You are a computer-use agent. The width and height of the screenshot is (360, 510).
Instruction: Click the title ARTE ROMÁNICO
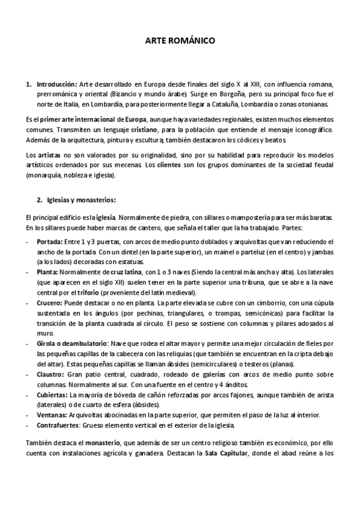click(x=180, y=41)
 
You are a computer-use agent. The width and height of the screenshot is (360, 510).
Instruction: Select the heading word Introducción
click(x=57, y=84)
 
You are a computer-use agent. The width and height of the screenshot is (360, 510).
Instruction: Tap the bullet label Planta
click(x=47, y=272)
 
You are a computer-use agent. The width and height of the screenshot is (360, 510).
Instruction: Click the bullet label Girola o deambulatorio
click(x=73, y=342)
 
